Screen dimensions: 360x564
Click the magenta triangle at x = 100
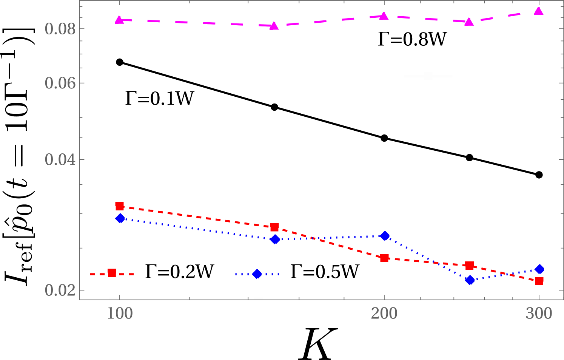pos(119,20)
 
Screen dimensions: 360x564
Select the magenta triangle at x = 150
pos(274,26)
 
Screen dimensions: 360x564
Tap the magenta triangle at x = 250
pos(469,22)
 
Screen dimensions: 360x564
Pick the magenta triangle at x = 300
pos(539,11)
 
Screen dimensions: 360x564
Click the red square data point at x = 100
pos(120,206)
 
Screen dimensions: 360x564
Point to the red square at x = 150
pos(274,227)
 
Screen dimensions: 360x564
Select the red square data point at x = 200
pos(384,258)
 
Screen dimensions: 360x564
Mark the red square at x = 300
pos(539,281)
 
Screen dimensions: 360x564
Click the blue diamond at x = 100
pos(120,218)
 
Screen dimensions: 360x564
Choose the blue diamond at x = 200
pos(385,236)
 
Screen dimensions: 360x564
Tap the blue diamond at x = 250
pos(470,280)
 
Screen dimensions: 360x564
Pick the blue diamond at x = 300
pos(539,269)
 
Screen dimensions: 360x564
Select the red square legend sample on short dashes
pos(112,273)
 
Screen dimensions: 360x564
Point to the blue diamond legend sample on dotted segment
pos(257,274)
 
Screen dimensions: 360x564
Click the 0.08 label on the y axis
pos(60,29)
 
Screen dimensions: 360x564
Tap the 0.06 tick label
pos(60,83)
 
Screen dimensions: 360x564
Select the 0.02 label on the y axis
pos(60,290)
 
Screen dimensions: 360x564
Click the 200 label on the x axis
pos(384,314)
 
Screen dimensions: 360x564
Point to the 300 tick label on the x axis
pos(539,314)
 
